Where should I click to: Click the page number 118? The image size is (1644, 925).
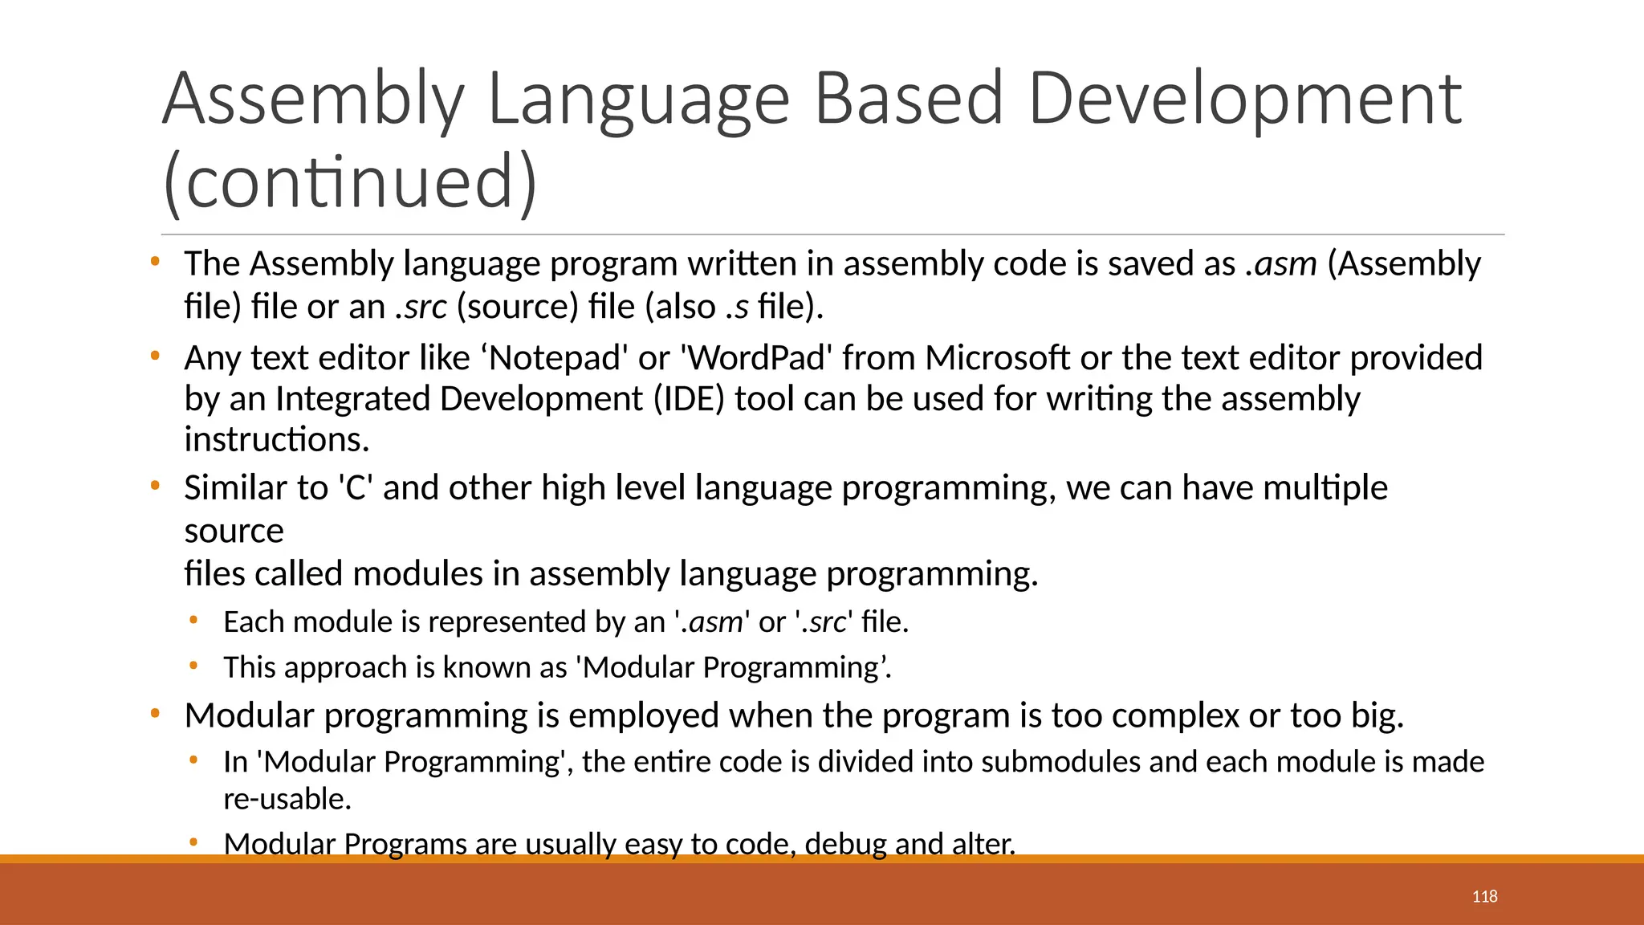[1484, 897]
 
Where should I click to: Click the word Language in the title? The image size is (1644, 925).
[638, 100]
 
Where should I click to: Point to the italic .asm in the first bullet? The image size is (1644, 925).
[1281, 264]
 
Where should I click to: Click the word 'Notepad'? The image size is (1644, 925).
[555, 358]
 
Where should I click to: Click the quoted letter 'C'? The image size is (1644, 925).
[356, 488]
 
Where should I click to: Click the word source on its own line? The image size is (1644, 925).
[234, 532]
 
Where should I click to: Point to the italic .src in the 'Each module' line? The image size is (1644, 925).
[824, 622]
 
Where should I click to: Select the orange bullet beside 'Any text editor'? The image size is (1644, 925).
[155, 355]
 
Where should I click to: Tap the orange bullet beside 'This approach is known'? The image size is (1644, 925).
[193, 665]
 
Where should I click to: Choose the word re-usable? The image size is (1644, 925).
[287, 799]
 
